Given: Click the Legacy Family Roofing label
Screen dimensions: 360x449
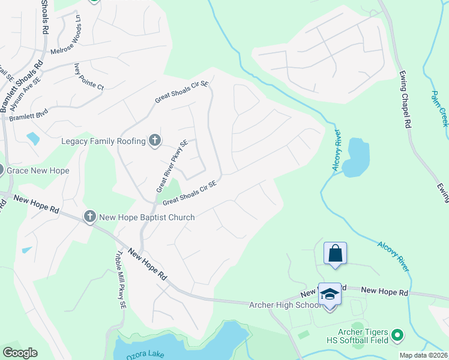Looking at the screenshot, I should [103, 141].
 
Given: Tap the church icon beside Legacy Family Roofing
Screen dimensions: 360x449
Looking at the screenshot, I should [155, 141].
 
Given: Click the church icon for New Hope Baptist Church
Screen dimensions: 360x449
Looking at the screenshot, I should [90, 217].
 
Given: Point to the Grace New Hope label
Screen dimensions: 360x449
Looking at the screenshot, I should [38, 170].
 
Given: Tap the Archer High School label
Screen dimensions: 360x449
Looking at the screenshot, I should [285, 305].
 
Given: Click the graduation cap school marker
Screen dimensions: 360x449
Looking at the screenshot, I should [329, 294].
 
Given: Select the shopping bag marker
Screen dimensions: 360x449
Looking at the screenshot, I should [335, 253].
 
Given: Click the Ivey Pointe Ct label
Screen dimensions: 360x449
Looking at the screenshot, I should [89, 77].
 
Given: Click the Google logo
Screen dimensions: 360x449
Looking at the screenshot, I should [20, 353].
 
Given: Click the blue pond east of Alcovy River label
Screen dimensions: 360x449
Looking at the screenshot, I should [355, 157].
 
